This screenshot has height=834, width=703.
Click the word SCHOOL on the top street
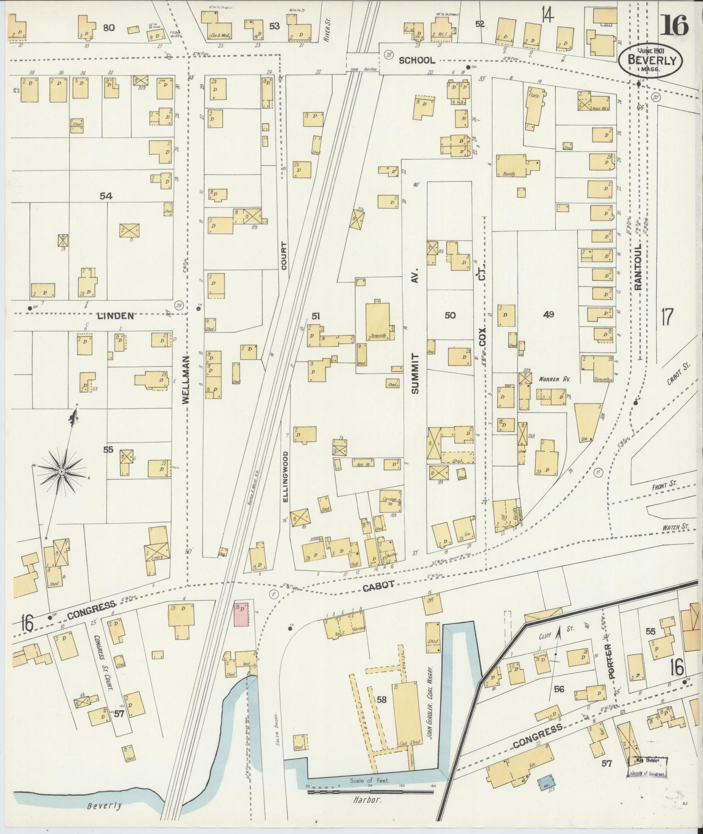(417, 61)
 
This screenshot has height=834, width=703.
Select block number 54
(106, 196)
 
